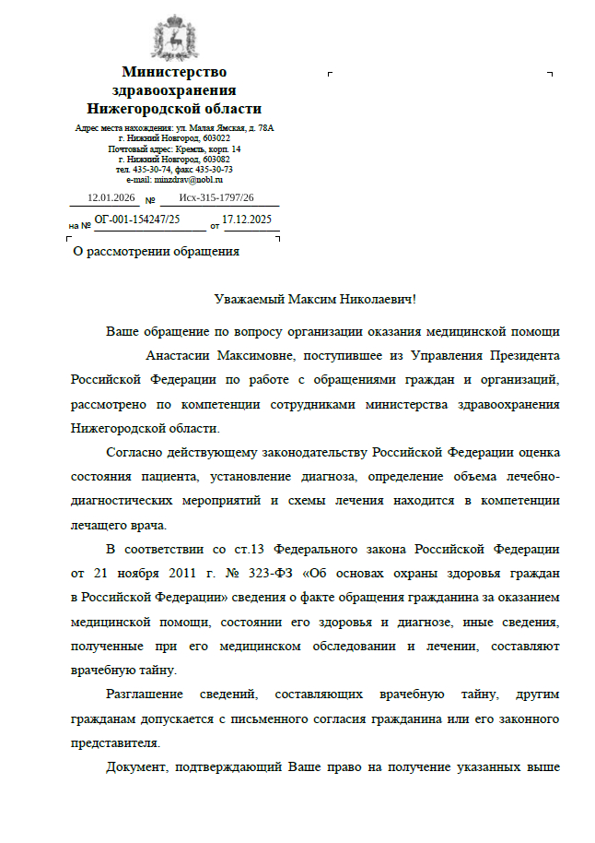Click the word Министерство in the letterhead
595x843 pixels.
174,72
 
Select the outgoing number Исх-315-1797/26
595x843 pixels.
216,198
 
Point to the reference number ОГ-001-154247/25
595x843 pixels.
137,220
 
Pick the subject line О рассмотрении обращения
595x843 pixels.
156,251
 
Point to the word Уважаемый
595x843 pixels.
249,300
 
